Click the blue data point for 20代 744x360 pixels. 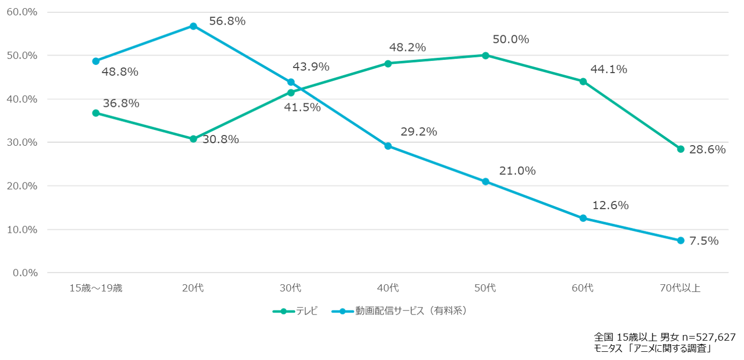193,26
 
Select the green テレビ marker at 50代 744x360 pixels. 485,55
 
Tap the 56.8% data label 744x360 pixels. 227,21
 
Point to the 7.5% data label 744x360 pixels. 704,240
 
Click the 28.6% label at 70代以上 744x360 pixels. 708,149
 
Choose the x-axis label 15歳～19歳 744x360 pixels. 96,288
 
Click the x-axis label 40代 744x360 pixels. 388,288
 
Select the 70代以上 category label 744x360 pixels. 680,288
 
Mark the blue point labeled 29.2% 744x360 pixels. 388,146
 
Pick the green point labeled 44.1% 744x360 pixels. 583,81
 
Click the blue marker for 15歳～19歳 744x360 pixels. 96,61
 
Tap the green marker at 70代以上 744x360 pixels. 680,149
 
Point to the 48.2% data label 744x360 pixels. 407,48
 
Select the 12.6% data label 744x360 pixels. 610,206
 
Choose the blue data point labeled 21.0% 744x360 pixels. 485,182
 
